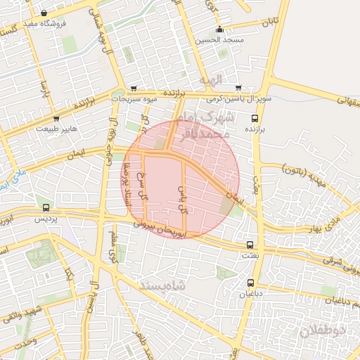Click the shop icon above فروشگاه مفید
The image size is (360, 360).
pyautogui.click(x=44, y=13)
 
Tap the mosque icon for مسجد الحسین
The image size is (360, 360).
pyautogui.click(x=220, y=30)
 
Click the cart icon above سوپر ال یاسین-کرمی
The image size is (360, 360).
pyautogui.click(x=238, y=88)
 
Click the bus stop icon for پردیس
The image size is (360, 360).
pyautogui.click(x=46, y=207)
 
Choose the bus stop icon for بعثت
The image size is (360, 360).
pyautogui.click(x=250, y=245)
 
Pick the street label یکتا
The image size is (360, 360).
pyautogui.click(x=69, y=271)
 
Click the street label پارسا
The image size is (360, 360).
pyautogui.click(x=44, y=89)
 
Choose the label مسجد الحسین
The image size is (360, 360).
pyautogui.click(x=220, y=40)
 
